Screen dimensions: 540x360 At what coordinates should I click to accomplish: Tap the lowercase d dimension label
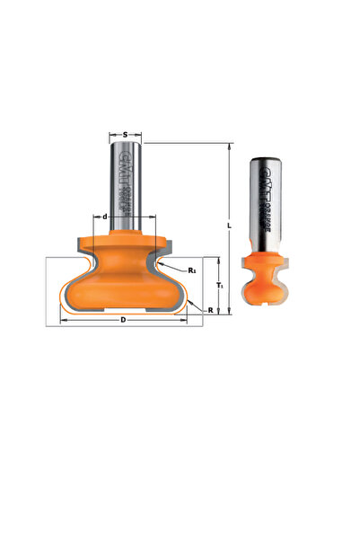(106, 217)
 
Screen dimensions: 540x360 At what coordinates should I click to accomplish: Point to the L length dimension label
(232, 226)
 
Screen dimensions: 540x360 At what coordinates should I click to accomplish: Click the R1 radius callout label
(192, 270)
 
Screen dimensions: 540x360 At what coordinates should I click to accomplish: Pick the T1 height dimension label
(221, 285)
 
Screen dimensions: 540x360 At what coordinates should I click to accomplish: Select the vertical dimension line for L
(230, 180)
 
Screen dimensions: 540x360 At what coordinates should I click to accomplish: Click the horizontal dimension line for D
(90, 318)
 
